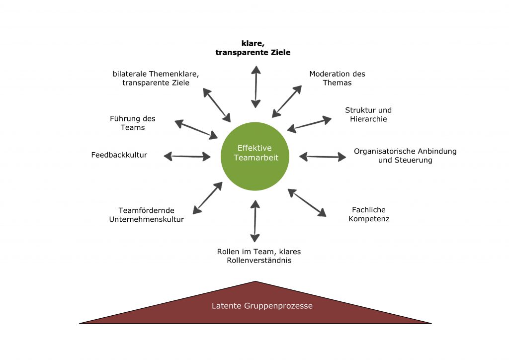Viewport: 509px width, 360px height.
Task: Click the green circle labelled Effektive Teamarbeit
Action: click(x=255, y=156)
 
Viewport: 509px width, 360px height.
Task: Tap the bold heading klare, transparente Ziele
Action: click(x=253, y=48)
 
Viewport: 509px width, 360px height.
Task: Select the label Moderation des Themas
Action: click(x=338, y=78)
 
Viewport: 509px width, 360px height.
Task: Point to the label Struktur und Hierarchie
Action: click(x=368, y=114)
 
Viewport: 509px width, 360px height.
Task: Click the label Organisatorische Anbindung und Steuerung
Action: click(x=405, y=156)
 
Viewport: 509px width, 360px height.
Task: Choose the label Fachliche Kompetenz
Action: click(x=369, y=214)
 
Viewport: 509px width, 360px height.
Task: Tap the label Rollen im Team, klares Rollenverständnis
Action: click(x=259, y=256)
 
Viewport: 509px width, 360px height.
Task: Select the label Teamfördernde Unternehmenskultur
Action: click(x=147, y=215)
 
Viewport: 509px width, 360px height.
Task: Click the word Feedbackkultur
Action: click(x=119, y=155)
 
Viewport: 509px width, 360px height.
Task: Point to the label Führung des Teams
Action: click(x=132, y=123)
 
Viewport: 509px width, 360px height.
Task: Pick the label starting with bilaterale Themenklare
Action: click(x=156, y=78)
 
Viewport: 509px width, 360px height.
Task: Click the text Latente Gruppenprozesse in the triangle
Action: click(x=262, y=306)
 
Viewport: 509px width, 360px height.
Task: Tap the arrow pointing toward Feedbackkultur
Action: click(x=187, y=157)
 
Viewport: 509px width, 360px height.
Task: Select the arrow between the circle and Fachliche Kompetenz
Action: click(x=307, y=202)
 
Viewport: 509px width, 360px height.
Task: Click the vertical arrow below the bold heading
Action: click(x=256, y=87)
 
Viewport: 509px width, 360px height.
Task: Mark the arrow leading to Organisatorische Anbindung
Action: click(x=323, y=157)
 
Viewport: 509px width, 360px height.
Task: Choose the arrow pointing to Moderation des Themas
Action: click(x=287, y=101)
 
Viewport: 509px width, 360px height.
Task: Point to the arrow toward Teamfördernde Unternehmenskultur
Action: click(x=207, y=198)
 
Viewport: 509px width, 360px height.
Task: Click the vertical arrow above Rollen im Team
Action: click(x=255, y=221)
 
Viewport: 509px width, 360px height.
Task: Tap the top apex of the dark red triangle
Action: click(x=255, y=281)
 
